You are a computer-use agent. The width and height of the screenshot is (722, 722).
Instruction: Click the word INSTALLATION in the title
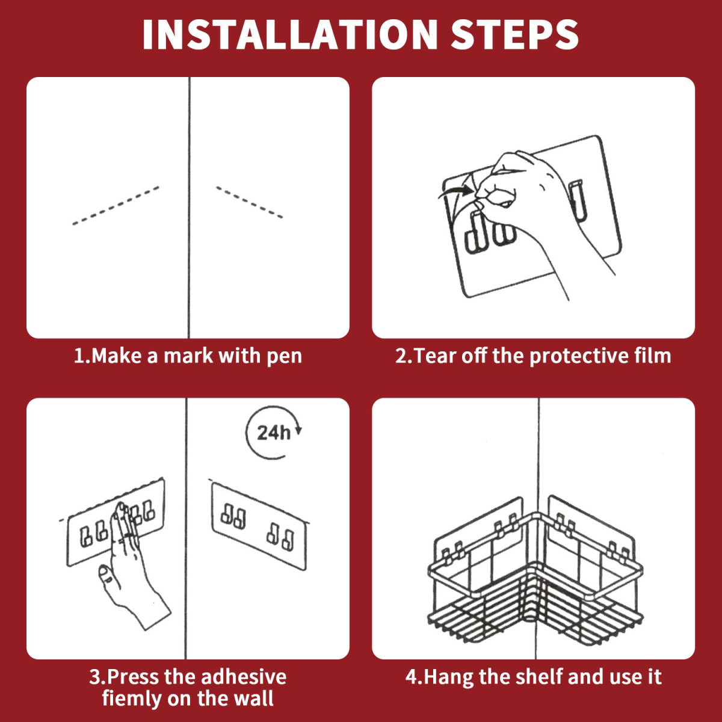point(290,34)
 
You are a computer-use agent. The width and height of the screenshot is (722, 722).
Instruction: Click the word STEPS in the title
point(515,34)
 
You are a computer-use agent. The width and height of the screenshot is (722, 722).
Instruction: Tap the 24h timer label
point(274,433)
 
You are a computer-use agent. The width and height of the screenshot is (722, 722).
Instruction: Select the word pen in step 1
point(285,356)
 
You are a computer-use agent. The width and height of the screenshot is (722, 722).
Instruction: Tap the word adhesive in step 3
point(244,677)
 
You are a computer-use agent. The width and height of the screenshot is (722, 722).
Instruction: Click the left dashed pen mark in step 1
point(116,206)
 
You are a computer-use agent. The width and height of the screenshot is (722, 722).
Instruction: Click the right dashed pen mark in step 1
point(250,202)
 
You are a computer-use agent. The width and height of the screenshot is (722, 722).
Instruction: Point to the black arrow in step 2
point(455,192)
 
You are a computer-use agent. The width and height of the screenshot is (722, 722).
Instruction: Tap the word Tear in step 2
point(436,356)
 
